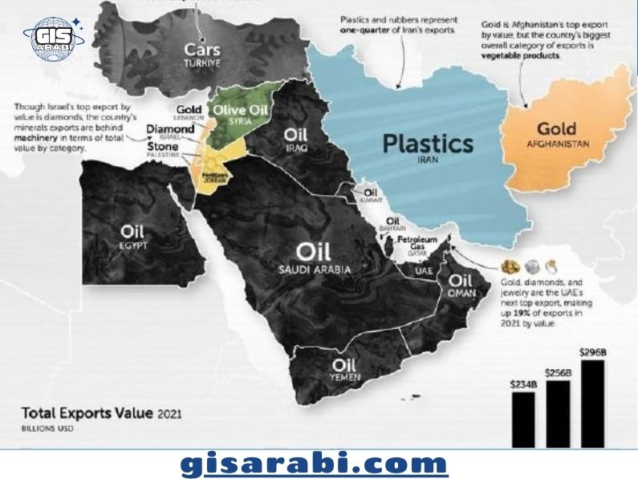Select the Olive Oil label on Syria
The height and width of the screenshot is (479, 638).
coord(240,111)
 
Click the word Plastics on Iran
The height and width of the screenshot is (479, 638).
coord(428,144)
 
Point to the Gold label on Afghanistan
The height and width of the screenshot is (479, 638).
coord(556,128)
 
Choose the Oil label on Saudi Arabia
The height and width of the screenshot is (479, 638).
coord(314,252)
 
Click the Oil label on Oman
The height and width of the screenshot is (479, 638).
coord(460,281)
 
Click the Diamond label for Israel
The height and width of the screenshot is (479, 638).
coord(167,128)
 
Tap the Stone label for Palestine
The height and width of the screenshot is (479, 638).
coord(162,148)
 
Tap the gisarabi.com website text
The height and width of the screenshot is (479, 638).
coord(314,463)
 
